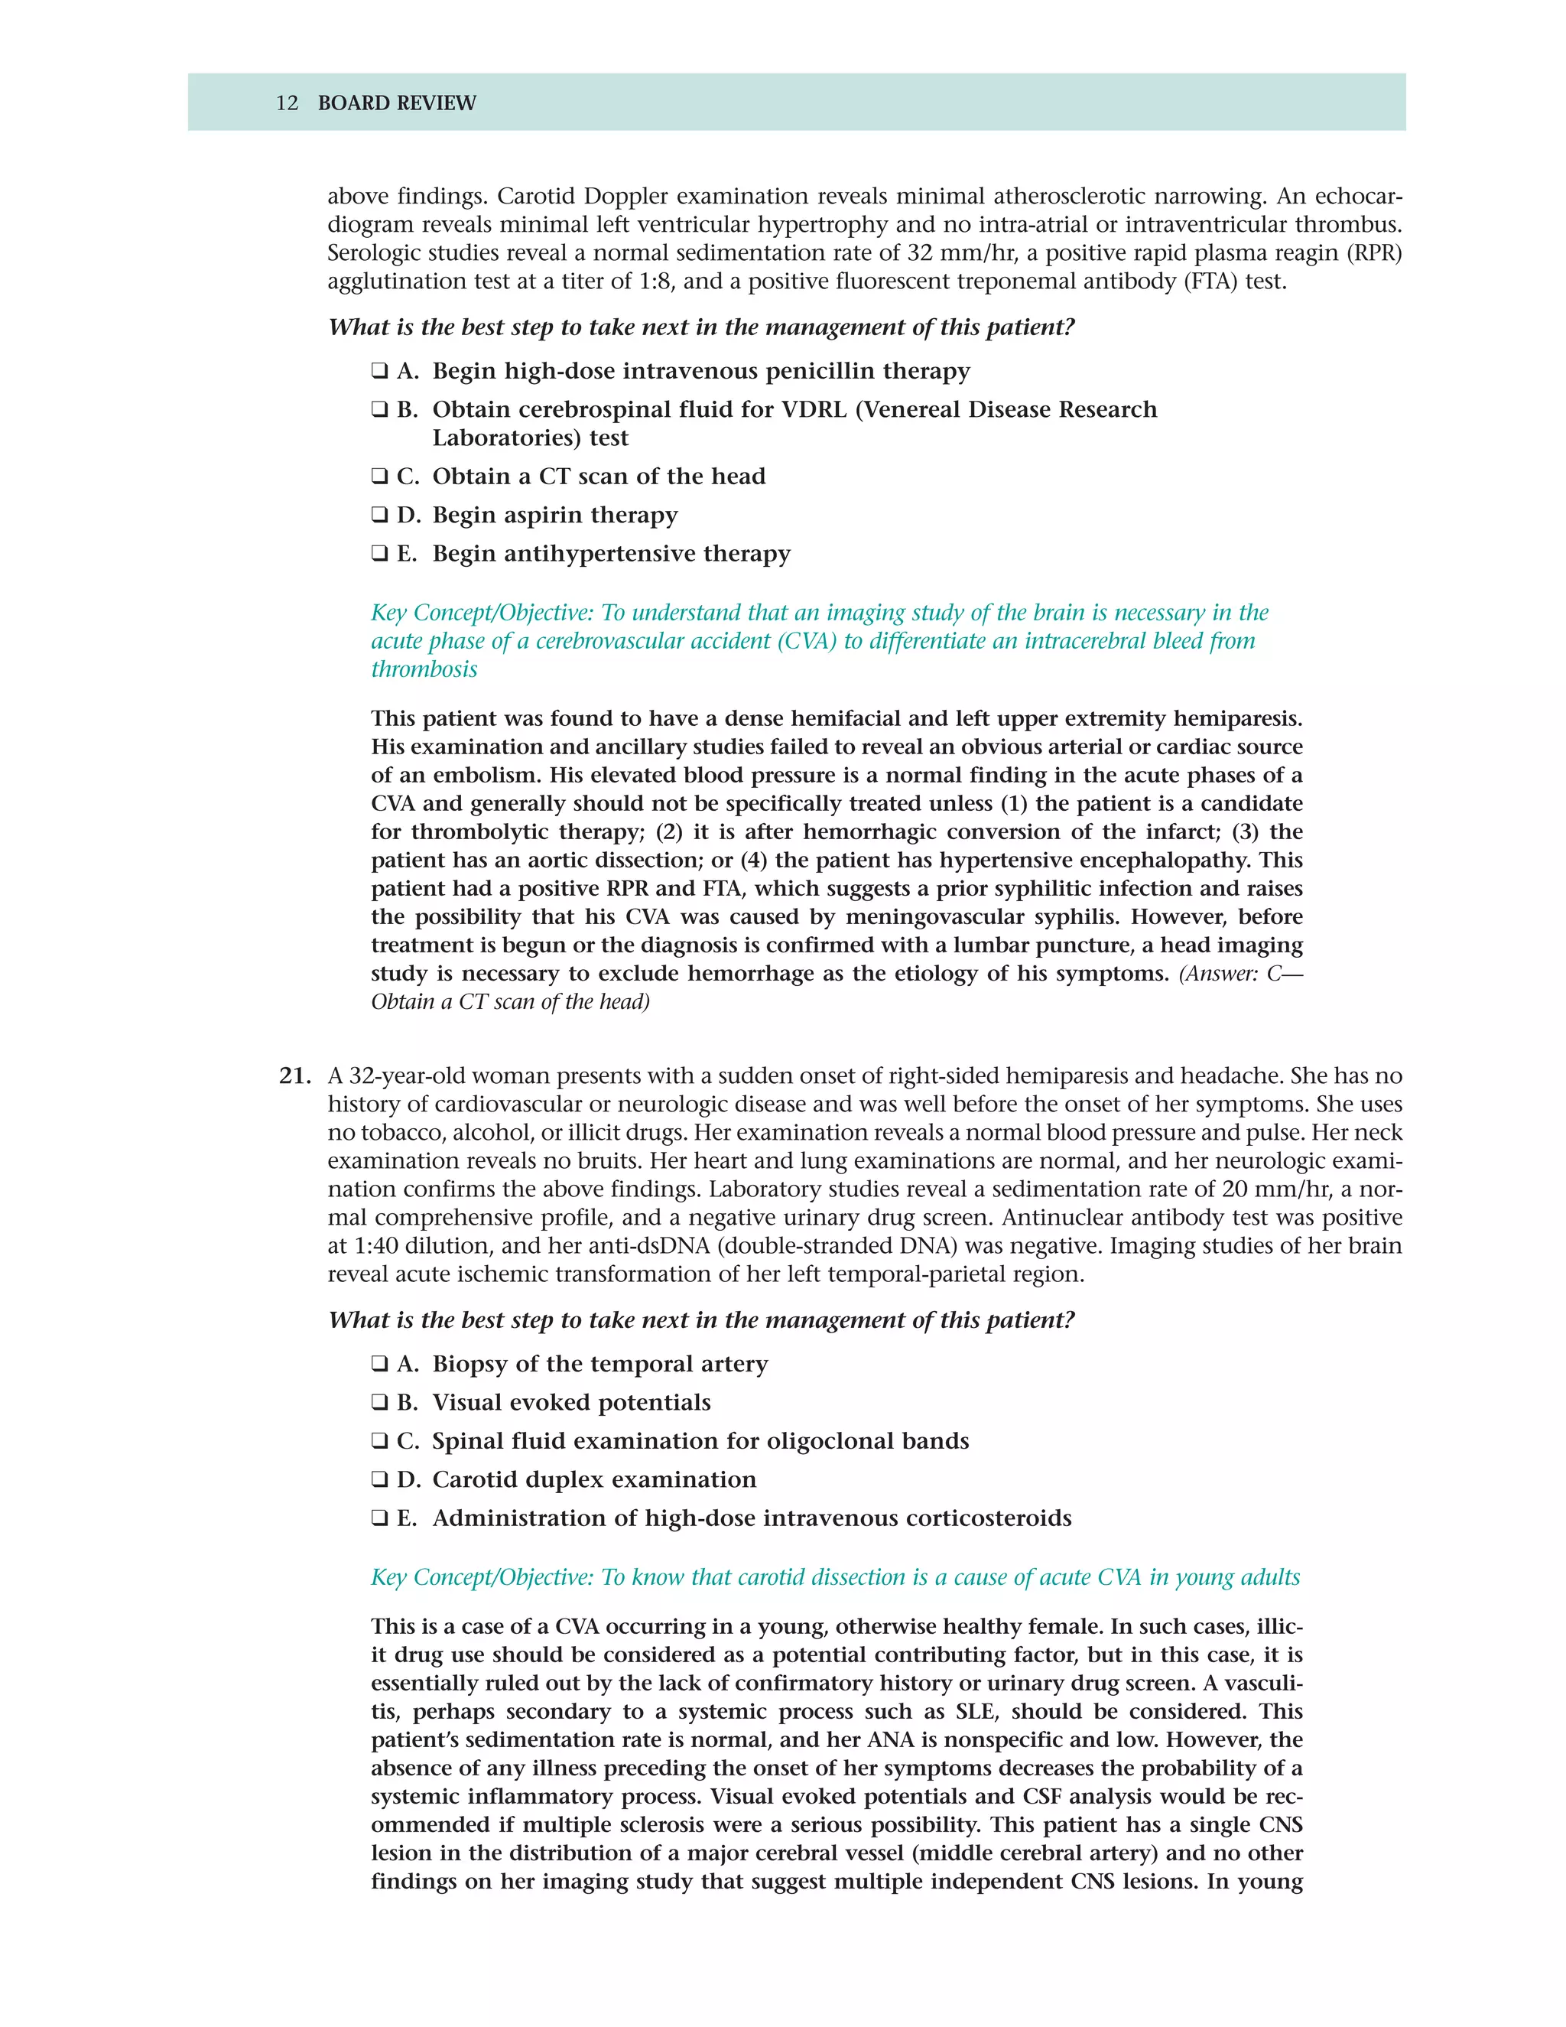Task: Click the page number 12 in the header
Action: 287,103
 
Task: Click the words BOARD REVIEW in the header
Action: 396,103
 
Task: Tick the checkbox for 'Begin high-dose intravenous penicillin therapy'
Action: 379,371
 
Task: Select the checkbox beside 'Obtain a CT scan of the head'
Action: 379,477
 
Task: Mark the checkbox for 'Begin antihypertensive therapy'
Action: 379,554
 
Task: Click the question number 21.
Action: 294,1077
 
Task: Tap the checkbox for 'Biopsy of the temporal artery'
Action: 379,1365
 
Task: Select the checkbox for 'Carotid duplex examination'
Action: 379,1480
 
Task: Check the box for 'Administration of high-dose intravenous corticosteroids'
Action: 379,1518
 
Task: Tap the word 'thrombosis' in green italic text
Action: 424,670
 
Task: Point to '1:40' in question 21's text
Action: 375,1247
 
